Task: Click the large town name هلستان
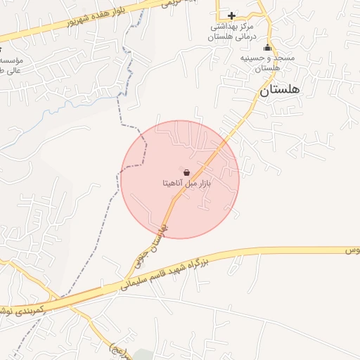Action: coord(279,90)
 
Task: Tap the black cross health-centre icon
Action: coord(231,15)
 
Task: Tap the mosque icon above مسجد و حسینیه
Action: coord(266,48)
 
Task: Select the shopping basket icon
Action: coord(186,172)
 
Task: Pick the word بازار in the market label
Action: coord(202,184)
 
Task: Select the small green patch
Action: coord(144,354)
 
